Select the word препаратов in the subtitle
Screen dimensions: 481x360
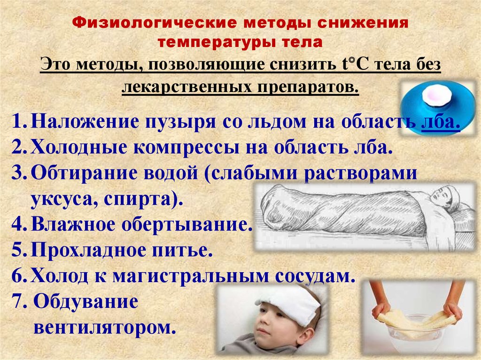click(308, 87)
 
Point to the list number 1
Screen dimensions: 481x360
click(20, 121)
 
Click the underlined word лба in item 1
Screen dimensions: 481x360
click(441, 122)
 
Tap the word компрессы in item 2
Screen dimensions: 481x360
click(186, 148)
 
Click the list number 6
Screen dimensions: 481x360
click(20, 276)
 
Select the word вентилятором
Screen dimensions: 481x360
click(105, 328)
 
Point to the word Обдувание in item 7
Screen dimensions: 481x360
click(85, 301)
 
